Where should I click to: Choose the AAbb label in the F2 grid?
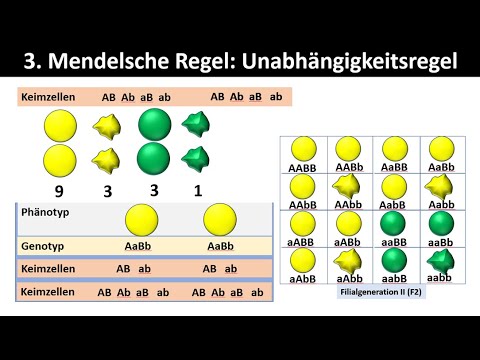click(348, 205)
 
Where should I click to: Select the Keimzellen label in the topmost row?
click(46, 97)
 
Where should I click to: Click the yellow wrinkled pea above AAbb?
click(348, 187)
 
